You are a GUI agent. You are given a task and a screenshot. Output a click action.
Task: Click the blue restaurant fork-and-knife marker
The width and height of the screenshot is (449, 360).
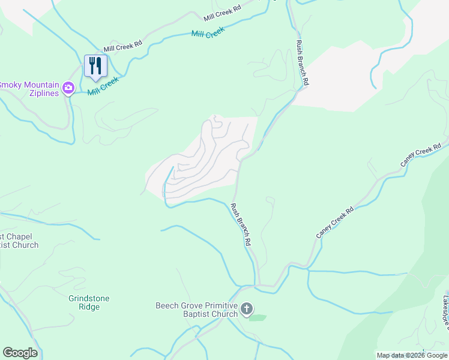pyautogui.click(x=95, y=65)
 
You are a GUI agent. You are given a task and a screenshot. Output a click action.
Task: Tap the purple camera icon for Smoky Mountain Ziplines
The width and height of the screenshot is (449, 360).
pyautogui.click(x=68, y=88)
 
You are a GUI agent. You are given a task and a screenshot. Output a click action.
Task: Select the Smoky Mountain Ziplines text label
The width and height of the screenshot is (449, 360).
pyautogui.click(x=30, y=89)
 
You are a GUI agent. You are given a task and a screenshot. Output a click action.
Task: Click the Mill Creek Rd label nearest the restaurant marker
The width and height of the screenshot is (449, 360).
pyautogui.click(x=122, y=44)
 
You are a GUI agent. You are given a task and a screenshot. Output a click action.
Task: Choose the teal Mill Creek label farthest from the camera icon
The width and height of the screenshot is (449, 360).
pyautogui.click(x=208, y=32)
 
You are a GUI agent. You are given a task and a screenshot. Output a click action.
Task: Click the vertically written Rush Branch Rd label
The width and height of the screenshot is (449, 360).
pyautogui.click(x=302, y=62)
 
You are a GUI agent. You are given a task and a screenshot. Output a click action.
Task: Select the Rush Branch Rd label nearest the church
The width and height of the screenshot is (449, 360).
pyautogui.click(x=240, y=226)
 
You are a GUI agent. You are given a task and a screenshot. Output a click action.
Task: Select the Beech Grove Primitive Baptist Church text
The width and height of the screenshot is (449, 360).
pyautogui.click(x=196, y=309)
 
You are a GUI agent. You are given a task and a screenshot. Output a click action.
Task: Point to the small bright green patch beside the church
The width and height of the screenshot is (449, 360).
pyautogui.click(x=257, y=317)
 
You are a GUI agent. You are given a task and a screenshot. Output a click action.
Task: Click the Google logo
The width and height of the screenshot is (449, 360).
pyautogui.click(x=20, y=353)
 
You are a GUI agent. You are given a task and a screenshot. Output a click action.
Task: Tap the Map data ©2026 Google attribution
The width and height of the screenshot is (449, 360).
pyautogui.click(x=412, y=355)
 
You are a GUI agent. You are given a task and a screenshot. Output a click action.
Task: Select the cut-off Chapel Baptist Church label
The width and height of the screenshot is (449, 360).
pyautogui.click(x=19, y=241)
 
